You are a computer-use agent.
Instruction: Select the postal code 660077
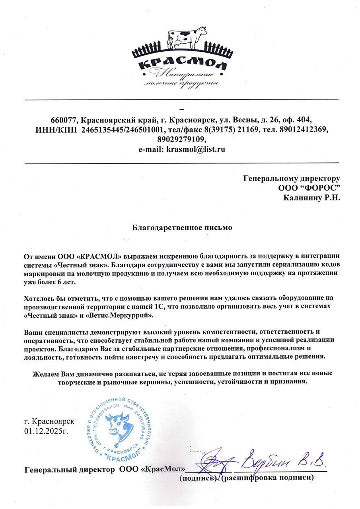click(x=64, y=120)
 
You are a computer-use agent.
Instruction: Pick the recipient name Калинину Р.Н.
click(x=312, y=197)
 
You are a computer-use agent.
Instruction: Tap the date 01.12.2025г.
click(x=47, y=430)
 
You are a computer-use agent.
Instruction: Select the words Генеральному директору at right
click(x=292, y=178)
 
